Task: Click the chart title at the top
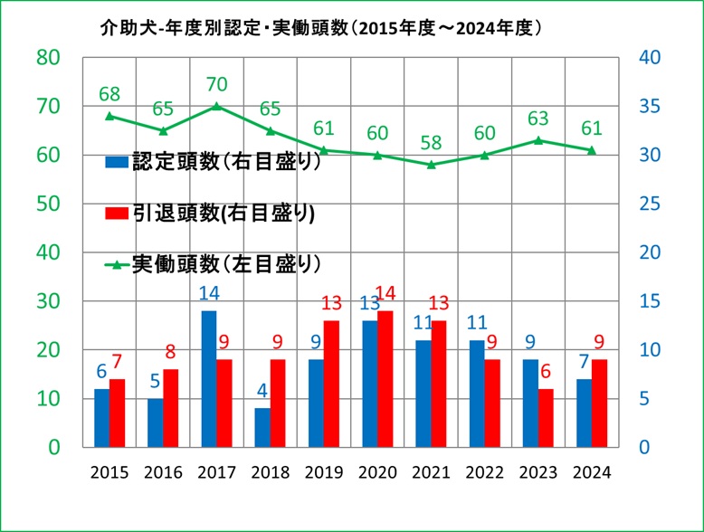(x=322, y=28)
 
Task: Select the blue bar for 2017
(x=208, y=378)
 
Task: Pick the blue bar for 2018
(x=262, y=427)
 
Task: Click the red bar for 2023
(x=546, y=418)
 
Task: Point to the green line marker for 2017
(x=214, y=106)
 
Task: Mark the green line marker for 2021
(x=432, y=165)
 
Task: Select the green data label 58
(x=432, y=143)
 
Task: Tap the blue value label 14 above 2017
(x=208, y=293)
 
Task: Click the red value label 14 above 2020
(x=386, y=293)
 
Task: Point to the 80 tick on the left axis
(x=47, y=57)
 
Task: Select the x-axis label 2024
(x=592, y=472)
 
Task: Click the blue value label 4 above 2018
(x=262, y=391)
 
